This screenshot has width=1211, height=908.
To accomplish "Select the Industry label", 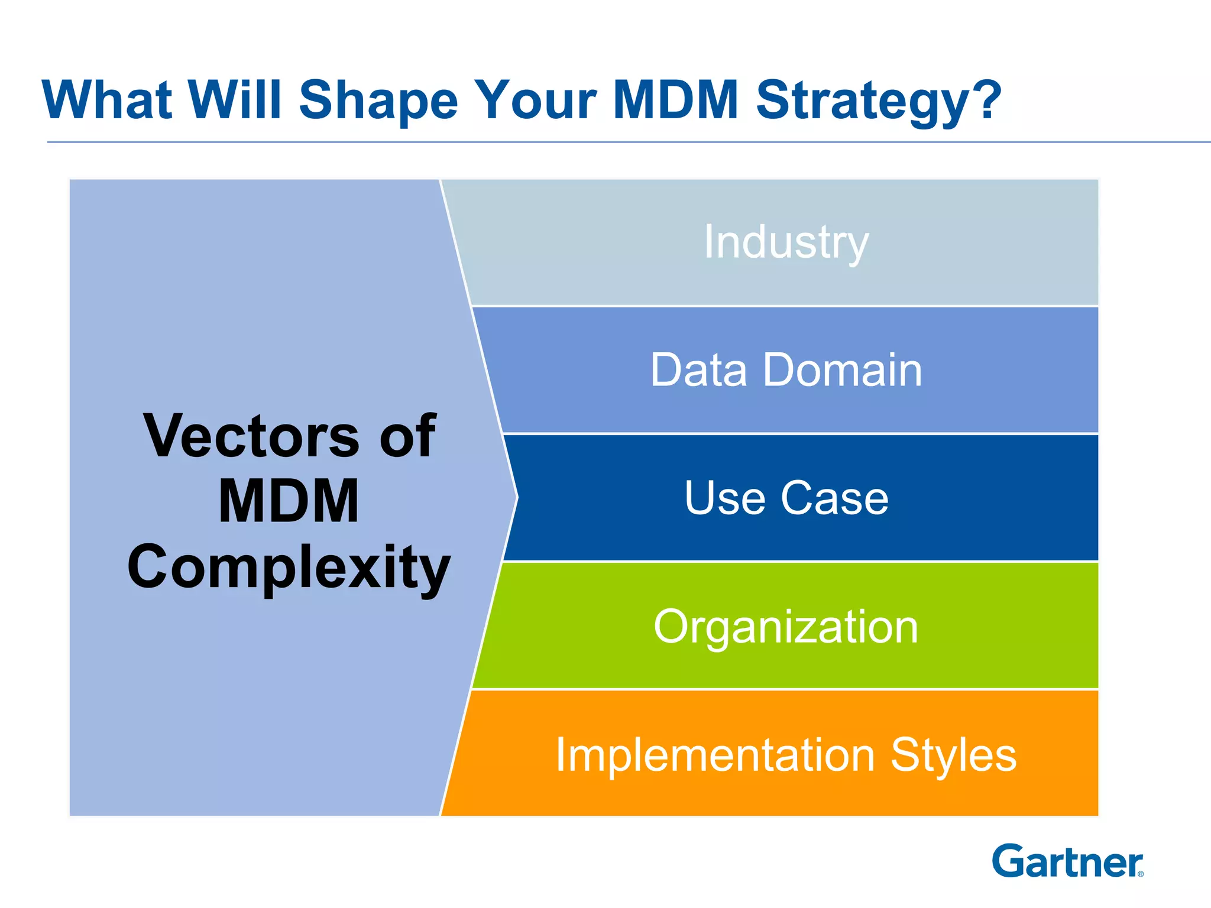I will pyautogui.click(x=786, y=242).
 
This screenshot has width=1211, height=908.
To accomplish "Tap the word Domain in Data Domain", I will pyautogui.click(x=843, y=370).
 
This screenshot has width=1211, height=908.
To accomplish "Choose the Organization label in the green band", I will pyautogui.click(x=786, y=627).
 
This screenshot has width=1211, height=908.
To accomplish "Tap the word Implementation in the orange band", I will pyautogui.click(x=715, y=755).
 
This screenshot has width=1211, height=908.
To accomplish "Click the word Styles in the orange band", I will pyautogui.click(x=953, y=755).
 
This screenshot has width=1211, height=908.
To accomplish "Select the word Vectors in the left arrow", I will pyautogui.click(x=251, y=436).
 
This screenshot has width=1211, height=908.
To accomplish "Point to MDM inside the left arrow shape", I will pyautogui.click(x=289, y=501).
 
